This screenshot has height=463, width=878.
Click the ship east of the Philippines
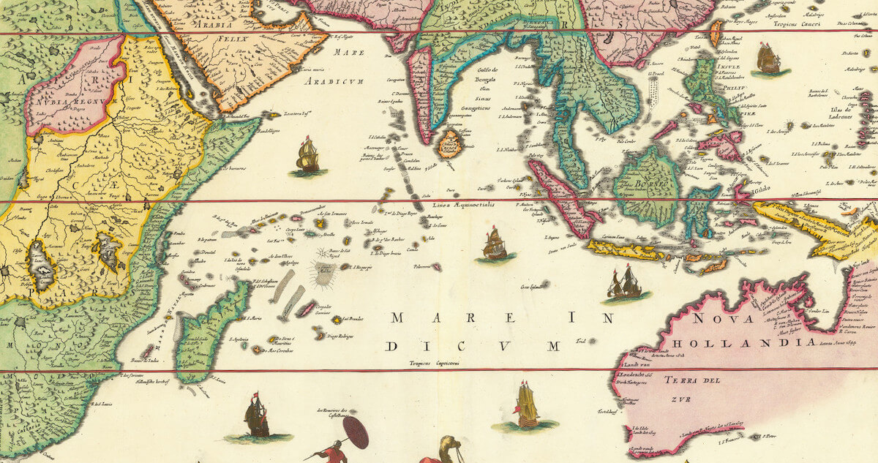pyautogui.click(x=769, y=60)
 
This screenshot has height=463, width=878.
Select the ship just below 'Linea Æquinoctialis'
pyautogui.click(x=495, y=244)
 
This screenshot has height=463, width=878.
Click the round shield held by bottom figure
pyautogui.click(x=356, y=432)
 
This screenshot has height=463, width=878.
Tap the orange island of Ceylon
pyautogui.click(x=449, y=144)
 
